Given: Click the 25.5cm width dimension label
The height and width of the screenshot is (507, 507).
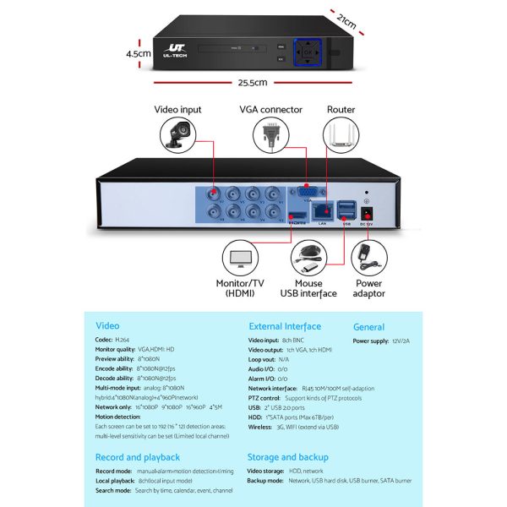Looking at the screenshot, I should (253, 83).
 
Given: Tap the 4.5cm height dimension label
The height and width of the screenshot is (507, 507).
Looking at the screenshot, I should (137, 52).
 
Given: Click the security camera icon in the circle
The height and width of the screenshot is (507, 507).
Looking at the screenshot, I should (178, 134).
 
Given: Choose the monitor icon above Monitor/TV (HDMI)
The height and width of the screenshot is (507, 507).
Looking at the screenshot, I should (241, 257).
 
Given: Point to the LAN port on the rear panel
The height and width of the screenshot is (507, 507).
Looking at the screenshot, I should (322, 214).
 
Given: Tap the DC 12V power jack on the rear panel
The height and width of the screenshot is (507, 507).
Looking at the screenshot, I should (367, 213).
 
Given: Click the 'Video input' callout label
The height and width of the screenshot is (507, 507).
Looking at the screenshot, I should (178, 109).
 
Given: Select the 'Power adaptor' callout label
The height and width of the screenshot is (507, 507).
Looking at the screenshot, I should (368, 288).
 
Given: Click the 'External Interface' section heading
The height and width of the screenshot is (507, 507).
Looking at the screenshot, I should (285, 326).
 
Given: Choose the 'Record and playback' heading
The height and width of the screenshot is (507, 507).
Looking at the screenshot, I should (138, 457).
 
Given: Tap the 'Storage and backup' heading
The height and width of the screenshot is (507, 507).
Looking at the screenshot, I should (289, 457).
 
